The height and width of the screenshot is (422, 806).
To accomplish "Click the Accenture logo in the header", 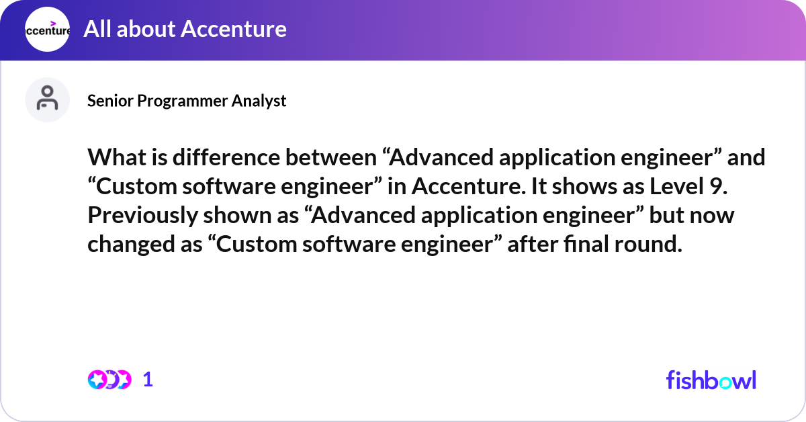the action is pos(47,29).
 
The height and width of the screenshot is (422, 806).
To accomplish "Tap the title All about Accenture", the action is pos(185,29).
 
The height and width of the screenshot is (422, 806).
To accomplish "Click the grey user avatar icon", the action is pos(47,99).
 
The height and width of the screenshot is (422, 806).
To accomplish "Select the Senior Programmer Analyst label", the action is pos(187,101).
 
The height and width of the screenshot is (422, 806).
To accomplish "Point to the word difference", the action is pos(226,157).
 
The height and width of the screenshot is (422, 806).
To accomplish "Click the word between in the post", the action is pos(331,157).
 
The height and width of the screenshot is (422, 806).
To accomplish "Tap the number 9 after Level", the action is pos(718,186).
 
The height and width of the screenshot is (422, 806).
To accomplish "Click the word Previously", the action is pos(142,216).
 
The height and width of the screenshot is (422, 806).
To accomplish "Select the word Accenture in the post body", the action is pos(469,187).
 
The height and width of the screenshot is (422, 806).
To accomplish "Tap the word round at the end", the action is pos(647,244).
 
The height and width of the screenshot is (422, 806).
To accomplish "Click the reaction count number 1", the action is pos(148,380).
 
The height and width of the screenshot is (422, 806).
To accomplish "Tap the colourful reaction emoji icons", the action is pos(109,380).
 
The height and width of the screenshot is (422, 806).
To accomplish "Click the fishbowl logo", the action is pos(711,380).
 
